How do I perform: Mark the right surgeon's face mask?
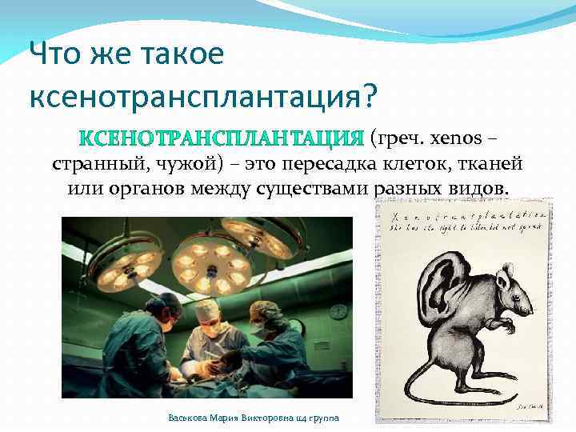click(259, 328)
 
